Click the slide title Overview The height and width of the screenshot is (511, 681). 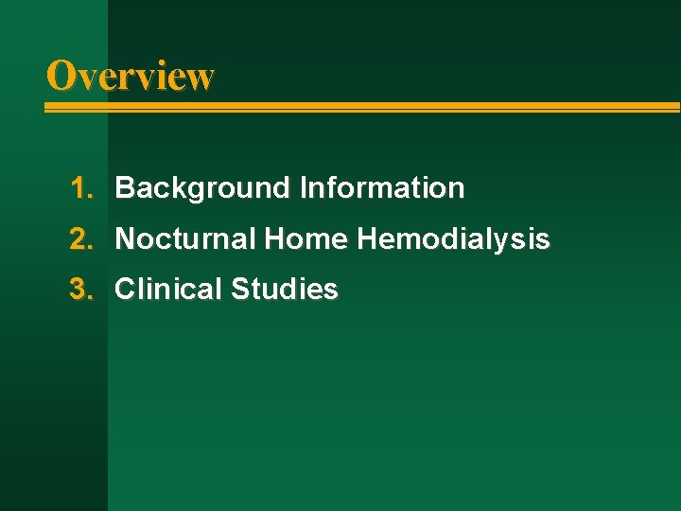coord(131,76)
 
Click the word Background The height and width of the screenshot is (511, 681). coord(202,188)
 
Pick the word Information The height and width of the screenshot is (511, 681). coord(382,188)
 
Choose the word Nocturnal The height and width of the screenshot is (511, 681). coord(185,239)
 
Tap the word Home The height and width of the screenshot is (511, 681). coord(306,239)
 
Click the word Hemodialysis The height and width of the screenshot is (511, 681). coord(453,239)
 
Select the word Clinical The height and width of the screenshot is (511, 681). coord(168,290)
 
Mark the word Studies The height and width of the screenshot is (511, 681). coord(284,290)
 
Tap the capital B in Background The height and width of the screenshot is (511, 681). coord(124,188)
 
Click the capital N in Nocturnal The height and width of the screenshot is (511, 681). coord(124,239)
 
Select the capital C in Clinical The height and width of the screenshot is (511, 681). coord(125,290)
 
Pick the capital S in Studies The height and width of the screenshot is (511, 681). coord(239,290)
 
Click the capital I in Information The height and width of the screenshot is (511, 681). coord(303,188)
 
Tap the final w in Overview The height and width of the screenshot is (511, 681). coord(201,78)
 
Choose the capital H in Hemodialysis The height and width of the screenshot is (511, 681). coord(367,239)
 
